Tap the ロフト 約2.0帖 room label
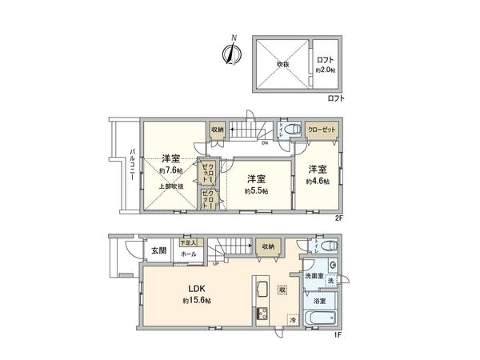(325, 65)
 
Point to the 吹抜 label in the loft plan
(282, 63)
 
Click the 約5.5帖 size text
(256, 191)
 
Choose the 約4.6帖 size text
(318, 182)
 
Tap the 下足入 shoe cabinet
(189, 242)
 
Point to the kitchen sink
(262, 290)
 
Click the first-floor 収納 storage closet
(266, 246)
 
